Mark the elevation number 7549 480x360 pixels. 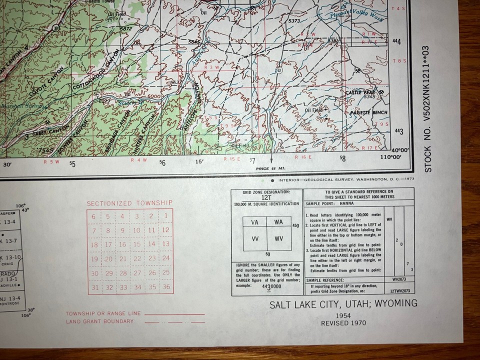(46, 150)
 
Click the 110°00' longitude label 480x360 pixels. (391, 157)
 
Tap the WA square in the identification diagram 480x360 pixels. (278, 222)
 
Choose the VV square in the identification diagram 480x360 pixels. (255, 238)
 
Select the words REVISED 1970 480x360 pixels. (343, 323)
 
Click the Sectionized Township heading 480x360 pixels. (130, 203)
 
